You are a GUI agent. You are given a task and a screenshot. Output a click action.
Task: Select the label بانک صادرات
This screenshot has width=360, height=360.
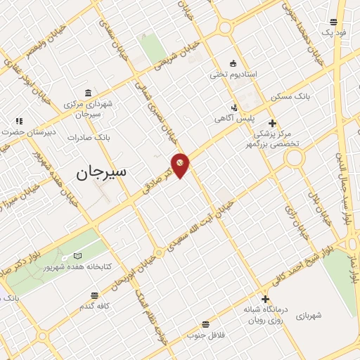86,137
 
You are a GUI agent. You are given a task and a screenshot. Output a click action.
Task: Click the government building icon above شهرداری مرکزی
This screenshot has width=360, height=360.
87,94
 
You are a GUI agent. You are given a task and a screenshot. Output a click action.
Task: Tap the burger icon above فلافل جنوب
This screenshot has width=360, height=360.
205,324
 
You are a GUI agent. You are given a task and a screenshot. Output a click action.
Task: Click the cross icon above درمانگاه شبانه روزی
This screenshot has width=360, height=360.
265,299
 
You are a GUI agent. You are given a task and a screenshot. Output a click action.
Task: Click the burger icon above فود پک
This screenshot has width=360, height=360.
333,22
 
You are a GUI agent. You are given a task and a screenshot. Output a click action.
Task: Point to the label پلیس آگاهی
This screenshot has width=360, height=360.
234,119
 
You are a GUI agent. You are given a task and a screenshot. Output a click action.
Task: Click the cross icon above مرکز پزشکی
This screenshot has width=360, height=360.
272,124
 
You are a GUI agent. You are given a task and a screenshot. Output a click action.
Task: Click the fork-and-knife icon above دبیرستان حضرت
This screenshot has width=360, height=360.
19,122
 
